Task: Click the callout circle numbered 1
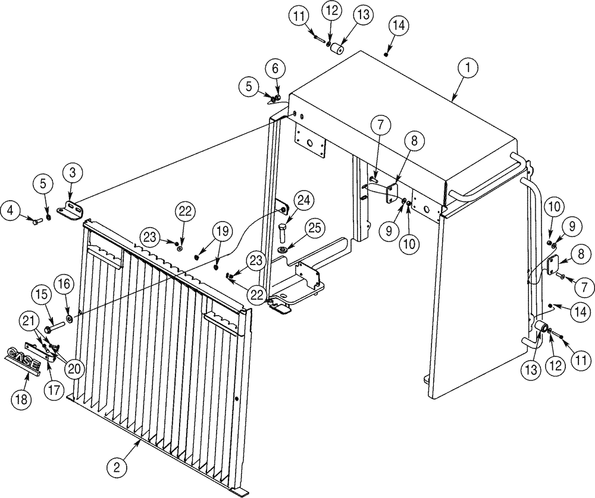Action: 468,68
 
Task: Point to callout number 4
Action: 10,210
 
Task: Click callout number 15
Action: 40,294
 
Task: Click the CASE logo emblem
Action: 23,359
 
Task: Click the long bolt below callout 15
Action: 57,325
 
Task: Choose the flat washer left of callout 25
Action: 282,248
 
